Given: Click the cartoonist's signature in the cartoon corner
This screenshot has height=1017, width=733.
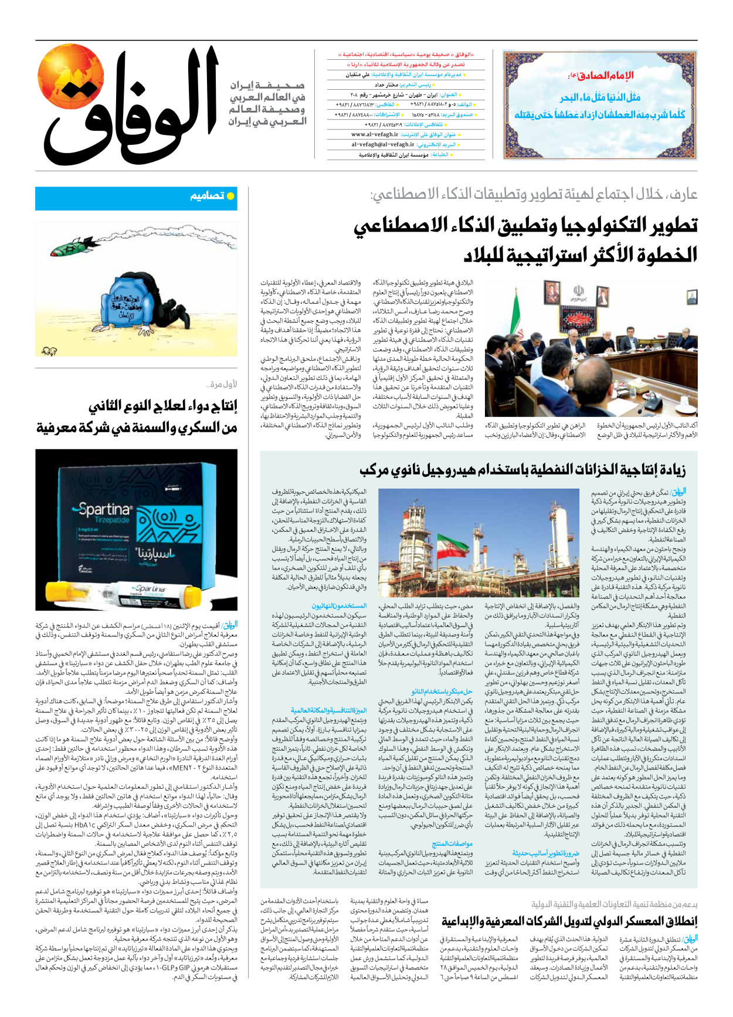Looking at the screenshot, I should coord(46,351).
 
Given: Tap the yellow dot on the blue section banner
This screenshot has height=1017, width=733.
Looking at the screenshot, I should coord(230,196).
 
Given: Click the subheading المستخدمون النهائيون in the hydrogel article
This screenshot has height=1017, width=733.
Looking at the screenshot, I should coord(339,606).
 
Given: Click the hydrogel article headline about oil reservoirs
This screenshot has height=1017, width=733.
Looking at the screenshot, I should coord(522,470).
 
